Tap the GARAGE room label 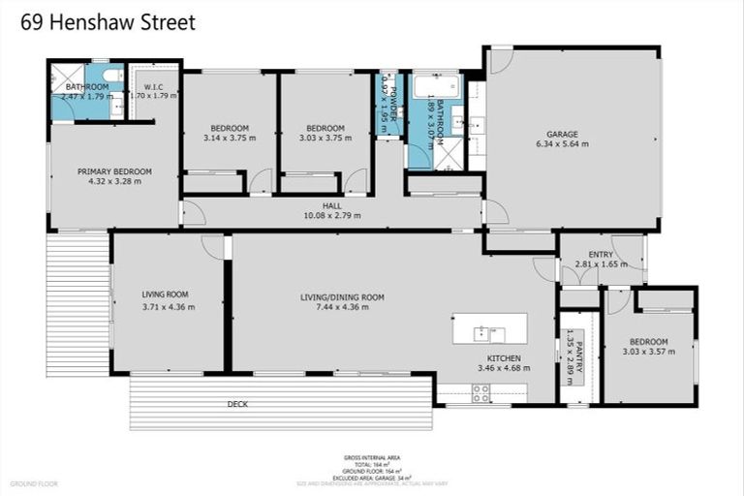click(562, 134)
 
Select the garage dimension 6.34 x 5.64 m click(562, 144)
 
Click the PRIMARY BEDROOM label click(114, 170)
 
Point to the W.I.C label click(154, 85)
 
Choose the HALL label click(331, 205)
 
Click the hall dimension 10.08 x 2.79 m click(331, 215)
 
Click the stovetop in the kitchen click(480, 392)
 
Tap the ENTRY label click(601, 254)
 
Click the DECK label click(237, 403)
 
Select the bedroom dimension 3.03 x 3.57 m click(648, 353)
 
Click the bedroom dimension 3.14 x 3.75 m click(230, 138)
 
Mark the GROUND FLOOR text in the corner click(34, 483)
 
